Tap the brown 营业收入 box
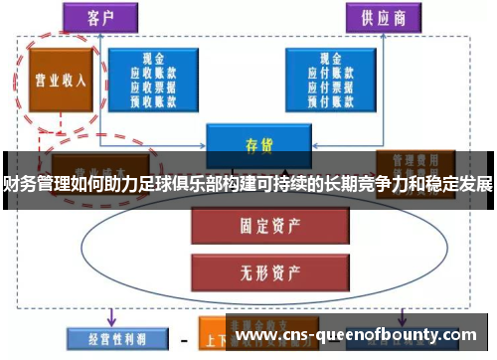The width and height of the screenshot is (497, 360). click(58, 81)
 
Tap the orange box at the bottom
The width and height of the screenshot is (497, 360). click(214, 337)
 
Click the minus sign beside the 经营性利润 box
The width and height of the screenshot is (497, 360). click(183, 338)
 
